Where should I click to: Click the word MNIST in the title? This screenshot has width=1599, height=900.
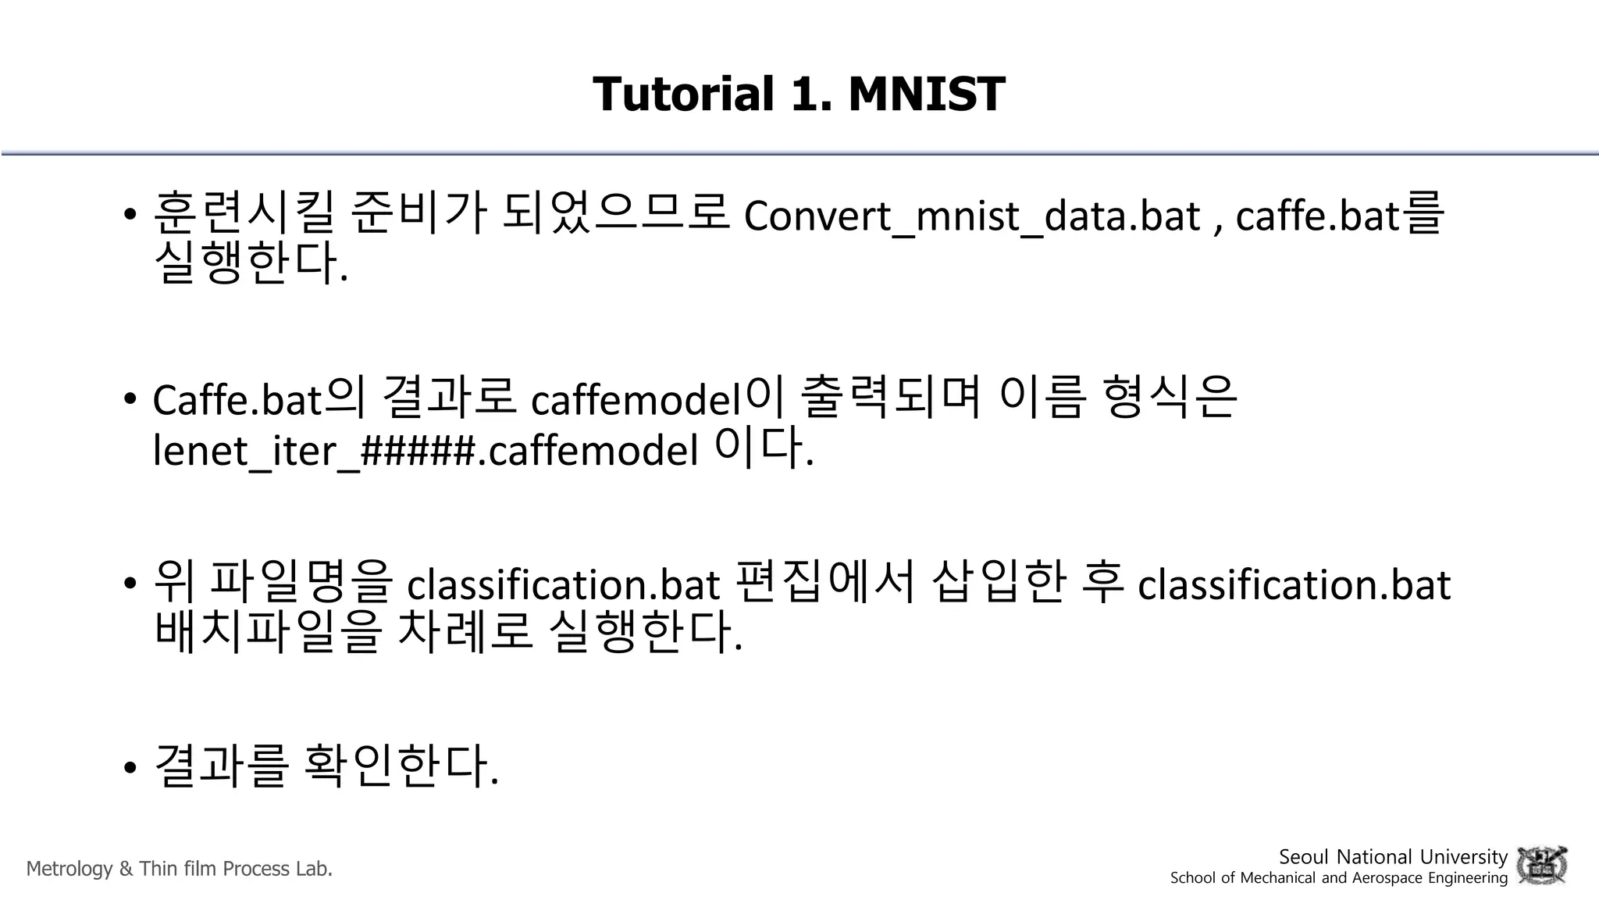[x=926, y=94]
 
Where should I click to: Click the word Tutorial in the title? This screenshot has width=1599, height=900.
[x=683, y=94]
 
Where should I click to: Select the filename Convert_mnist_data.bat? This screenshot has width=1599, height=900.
[x=971, y=216]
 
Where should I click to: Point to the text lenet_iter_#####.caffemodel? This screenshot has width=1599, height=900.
[x=426, y=450]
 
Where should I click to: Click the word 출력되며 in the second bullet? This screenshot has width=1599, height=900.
[x=891, y=396]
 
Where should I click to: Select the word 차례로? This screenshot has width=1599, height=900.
[x=465, y=630]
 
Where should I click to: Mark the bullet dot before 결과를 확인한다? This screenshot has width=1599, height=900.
[x=130, y=767]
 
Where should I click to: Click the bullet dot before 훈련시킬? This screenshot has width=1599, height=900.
[x=130, y=214]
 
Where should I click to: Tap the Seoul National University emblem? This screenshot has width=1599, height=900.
[x=1541, y=866]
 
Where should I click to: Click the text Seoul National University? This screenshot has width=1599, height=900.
[x=1392, y=857]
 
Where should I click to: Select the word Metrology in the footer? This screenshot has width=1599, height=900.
[x=69, y=869]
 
